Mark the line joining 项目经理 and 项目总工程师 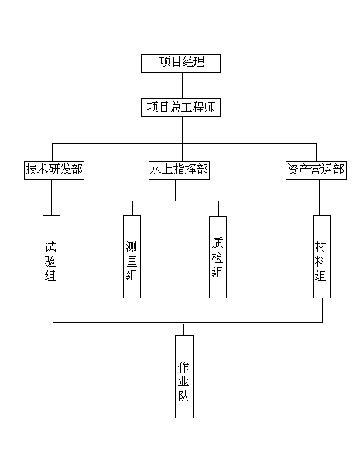tap(182, 85)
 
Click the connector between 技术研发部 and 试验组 tap(51, 198)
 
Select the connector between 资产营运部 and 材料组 tap(320, 198)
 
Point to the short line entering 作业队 tap(184, 329)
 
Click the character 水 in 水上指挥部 tap(155, 170)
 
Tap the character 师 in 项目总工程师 tap(210, 107)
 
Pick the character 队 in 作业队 tap(183, 396)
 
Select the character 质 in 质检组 tap(218, 243)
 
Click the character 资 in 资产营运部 tap(293, 170)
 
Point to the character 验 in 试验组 tap(50, 261)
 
